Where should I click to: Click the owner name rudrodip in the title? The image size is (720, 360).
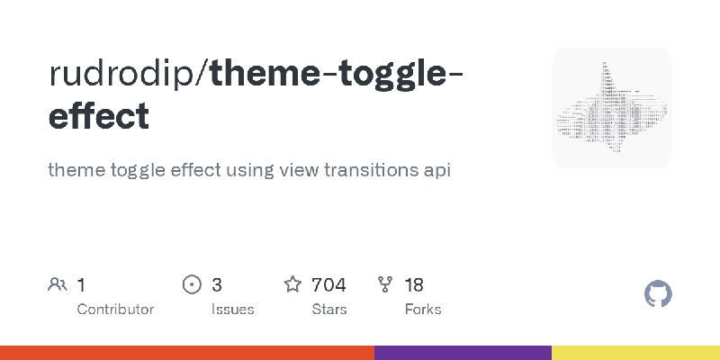124,75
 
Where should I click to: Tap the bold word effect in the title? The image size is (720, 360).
99,116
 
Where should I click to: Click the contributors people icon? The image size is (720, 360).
57,285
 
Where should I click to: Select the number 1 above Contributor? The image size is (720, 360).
81,285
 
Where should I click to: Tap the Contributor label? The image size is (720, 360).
115,309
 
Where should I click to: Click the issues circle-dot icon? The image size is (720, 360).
192,285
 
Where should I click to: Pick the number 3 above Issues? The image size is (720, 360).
217,285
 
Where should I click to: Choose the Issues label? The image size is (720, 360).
233,309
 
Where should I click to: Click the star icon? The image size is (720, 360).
292,285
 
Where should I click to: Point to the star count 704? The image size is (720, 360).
328,285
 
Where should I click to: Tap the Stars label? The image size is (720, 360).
329,309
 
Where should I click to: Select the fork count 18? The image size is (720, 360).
414,285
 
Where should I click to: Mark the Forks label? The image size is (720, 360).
423,309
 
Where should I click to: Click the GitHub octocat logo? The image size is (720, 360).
659,294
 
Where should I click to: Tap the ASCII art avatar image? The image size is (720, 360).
612,108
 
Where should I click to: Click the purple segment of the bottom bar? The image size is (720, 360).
463,353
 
